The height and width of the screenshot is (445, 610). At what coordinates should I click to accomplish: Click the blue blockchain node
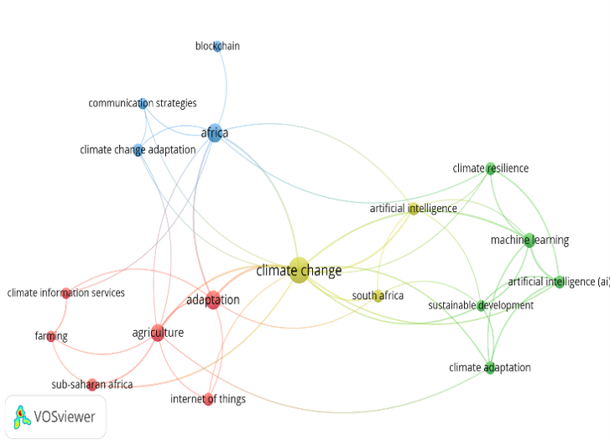218,46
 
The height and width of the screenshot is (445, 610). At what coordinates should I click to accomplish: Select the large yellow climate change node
299,270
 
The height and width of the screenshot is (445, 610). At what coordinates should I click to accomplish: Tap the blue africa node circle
214,133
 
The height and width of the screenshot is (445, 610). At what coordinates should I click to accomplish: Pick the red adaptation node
213,300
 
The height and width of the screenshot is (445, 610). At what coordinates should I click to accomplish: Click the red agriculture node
158,333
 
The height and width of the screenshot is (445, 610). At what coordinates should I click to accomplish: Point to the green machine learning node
529,241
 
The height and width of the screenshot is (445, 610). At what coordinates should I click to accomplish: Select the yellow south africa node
378,296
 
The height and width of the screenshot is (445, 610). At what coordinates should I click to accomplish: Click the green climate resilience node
491,168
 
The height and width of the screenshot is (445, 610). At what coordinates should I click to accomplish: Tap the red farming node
51,336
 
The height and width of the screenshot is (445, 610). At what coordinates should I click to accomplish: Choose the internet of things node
209,399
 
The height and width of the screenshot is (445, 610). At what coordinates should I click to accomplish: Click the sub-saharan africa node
91,385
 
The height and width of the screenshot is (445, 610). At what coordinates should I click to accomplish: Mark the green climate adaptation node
490,368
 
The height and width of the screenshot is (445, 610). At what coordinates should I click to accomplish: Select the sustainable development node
482,306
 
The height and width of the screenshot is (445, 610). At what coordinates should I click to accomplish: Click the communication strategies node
143,103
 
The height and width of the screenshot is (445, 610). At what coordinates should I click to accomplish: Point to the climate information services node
66,293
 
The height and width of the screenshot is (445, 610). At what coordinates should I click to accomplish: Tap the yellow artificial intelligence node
414,209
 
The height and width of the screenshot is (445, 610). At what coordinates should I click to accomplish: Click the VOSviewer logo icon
22,417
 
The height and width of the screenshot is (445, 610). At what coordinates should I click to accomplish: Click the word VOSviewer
65,417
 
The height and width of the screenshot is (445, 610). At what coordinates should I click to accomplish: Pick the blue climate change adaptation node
138,150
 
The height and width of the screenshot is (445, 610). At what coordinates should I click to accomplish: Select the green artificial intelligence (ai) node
559,282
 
